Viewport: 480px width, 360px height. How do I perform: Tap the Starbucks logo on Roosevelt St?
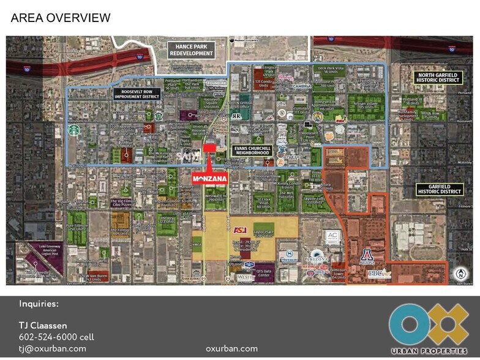tap(75, 131)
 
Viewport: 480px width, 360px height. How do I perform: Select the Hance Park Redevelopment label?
tap(192, 50)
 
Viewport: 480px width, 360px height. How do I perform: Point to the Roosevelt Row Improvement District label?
tap(137, 94)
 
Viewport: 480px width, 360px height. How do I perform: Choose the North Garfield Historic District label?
tap(437, 76)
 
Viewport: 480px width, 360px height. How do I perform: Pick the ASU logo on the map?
tap(240, 230)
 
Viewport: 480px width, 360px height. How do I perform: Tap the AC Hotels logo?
tap(332, 236)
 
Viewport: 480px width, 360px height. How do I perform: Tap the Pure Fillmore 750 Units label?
tap(76, 228)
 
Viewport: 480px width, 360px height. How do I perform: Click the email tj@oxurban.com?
tap(52, 348)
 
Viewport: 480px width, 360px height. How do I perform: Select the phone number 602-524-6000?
tap(56, 337)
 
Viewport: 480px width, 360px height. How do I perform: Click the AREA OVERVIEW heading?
tap(61, 18)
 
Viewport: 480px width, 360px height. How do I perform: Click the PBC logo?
tap(378, 274)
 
